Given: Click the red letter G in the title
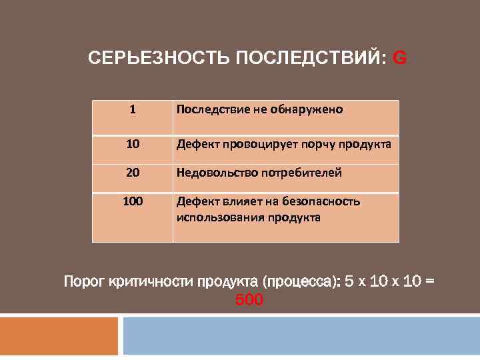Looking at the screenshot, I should (400, 59).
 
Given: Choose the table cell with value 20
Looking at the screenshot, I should (133, 173).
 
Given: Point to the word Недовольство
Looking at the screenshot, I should (218, 173).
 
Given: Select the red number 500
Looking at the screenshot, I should (249, 301).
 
